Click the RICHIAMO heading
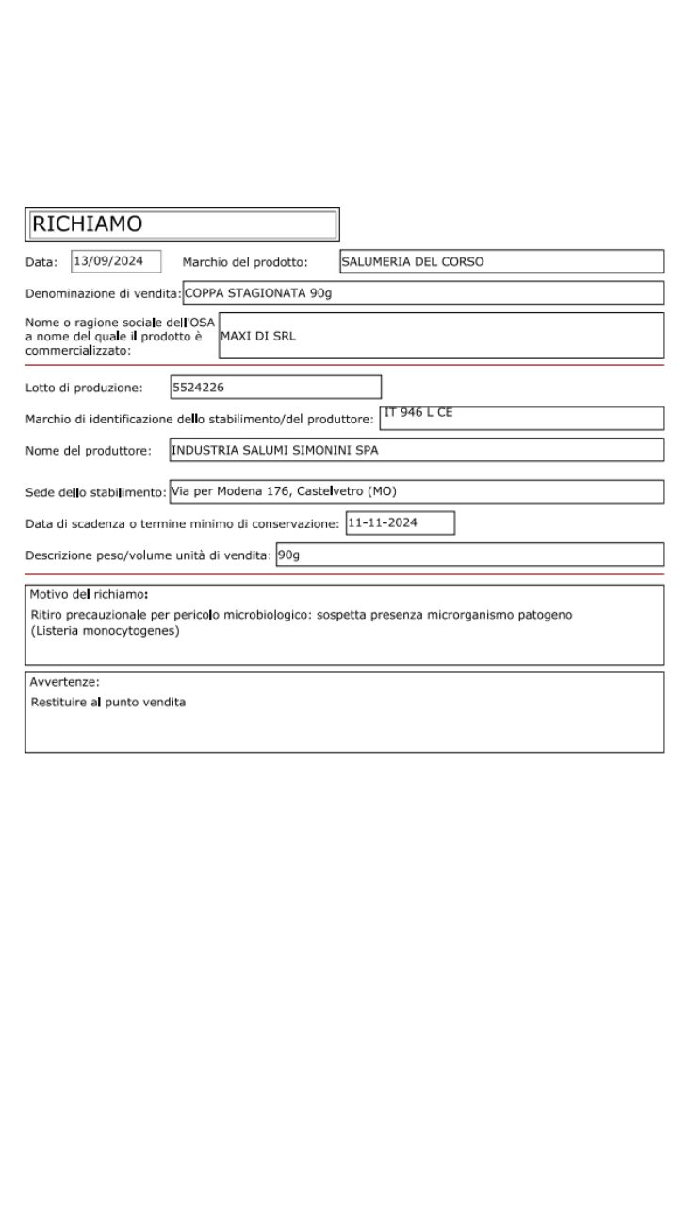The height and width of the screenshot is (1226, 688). click(x=87, y=224)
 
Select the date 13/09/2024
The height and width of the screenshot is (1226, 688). click(x=108, y=261)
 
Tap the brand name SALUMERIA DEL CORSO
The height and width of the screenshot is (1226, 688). click(x=412, y=262)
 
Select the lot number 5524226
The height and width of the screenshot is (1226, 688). click(x=198, y=387)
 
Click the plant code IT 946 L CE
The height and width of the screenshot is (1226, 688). click(x=418, y=413)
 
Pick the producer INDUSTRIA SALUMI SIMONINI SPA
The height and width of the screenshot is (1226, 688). click(x=274, y=451)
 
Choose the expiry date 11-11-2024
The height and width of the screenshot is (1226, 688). click(x=382, y=522)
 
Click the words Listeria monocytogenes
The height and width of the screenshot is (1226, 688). click(x=105, y=631)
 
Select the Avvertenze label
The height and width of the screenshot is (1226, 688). click(x=64, y=682)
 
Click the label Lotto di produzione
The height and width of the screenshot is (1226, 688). click(x=84, y=388)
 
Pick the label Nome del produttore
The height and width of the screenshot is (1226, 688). click(x=89, y=451)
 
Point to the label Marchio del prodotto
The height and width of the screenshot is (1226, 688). click(x=245, y=262)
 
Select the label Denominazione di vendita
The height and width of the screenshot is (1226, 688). click(x=103, y=293)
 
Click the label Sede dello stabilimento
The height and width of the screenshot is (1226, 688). click(x=95, y=491)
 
